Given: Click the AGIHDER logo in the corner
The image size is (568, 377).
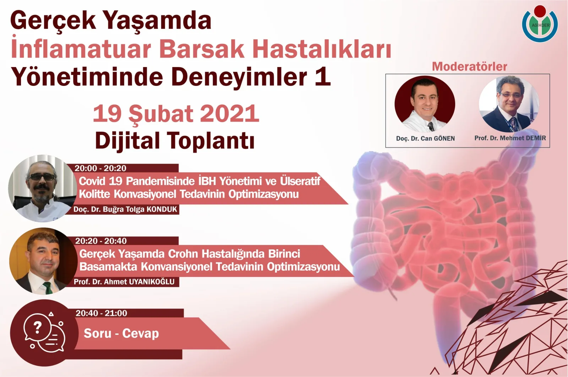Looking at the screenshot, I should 540,24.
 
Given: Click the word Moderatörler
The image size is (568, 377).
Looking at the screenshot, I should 469,66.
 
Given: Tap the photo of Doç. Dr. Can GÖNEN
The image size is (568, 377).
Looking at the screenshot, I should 425,104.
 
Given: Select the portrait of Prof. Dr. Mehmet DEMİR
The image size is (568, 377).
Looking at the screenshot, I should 509,104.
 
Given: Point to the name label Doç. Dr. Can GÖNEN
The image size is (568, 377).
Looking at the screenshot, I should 425,138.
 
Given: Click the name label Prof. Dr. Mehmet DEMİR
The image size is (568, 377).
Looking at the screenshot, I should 510,138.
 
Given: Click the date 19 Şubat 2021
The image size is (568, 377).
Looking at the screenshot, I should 176,114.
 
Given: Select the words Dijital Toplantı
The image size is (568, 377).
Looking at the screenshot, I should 175,141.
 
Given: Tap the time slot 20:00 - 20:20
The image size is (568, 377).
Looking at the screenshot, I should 100,168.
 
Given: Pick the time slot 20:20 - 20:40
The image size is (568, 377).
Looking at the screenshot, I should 101,241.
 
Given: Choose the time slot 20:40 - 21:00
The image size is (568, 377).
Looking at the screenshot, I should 101,313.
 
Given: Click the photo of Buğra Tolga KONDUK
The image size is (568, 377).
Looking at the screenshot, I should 42,188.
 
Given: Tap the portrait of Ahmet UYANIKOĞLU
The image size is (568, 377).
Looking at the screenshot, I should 43,261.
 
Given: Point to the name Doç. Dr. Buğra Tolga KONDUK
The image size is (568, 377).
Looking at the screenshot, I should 125,209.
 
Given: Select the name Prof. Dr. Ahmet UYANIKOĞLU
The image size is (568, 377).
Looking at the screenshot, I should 124,282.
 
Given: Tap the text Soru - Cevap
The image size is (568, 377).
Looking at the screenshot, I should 121,334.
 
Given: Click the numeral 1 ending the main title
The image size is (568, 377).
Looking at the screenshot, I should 322,77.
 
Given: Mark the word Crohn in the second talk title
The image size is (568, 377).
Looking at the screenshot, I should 184,254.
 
